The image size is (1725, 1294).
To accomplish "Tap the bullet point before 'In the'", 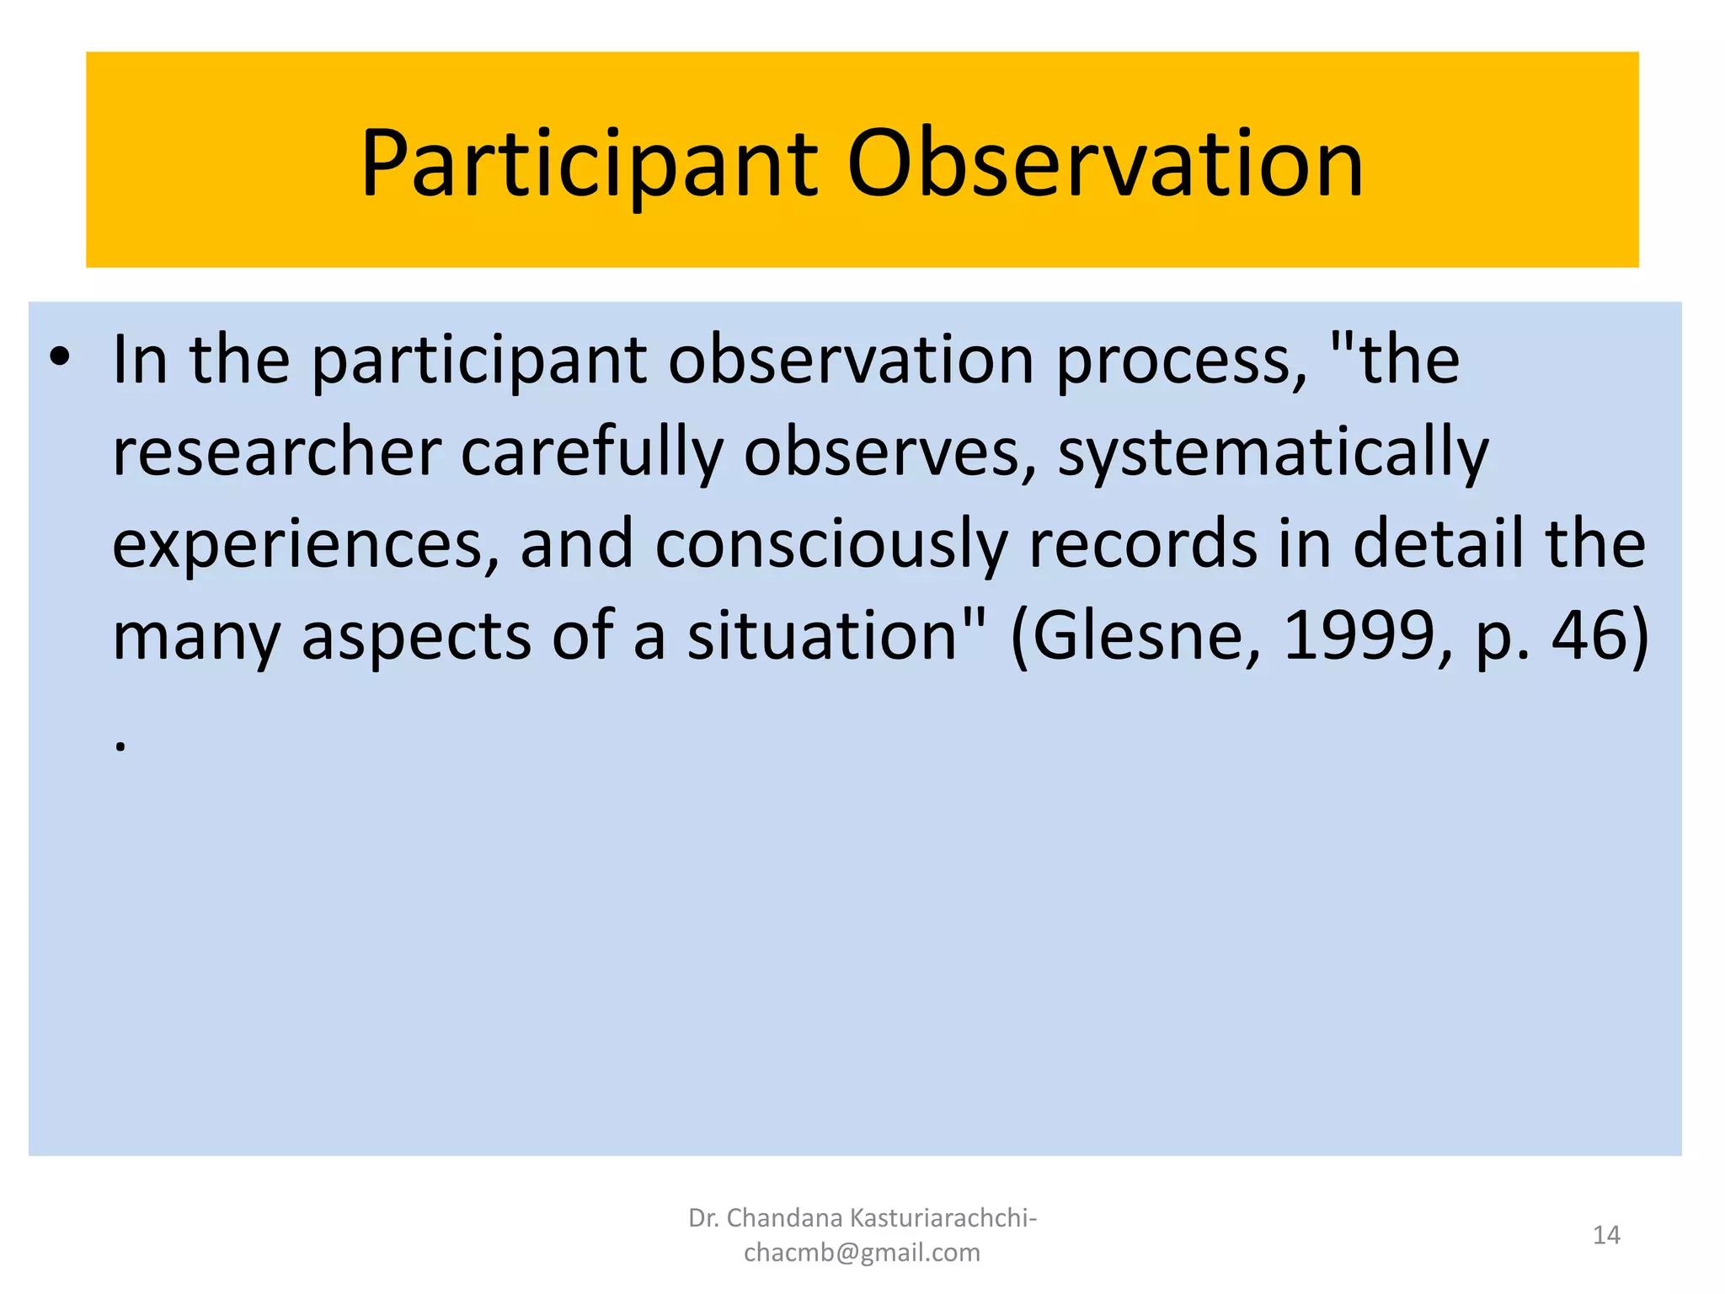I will (x=59, y=357).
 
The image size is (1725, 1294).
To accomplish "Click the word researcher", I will (x=277, y=452).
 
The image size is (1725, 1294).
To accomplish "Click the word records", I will (x=1143, y=544).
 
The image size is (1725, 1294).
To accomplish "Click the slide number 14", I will (x=1606, y=1235).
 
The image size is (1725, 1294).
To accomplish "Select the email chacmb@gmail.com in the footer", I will (x=862, y=1253).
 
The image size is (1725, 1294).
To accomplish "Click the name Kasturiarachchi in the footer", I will (x=943, y=1218).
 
